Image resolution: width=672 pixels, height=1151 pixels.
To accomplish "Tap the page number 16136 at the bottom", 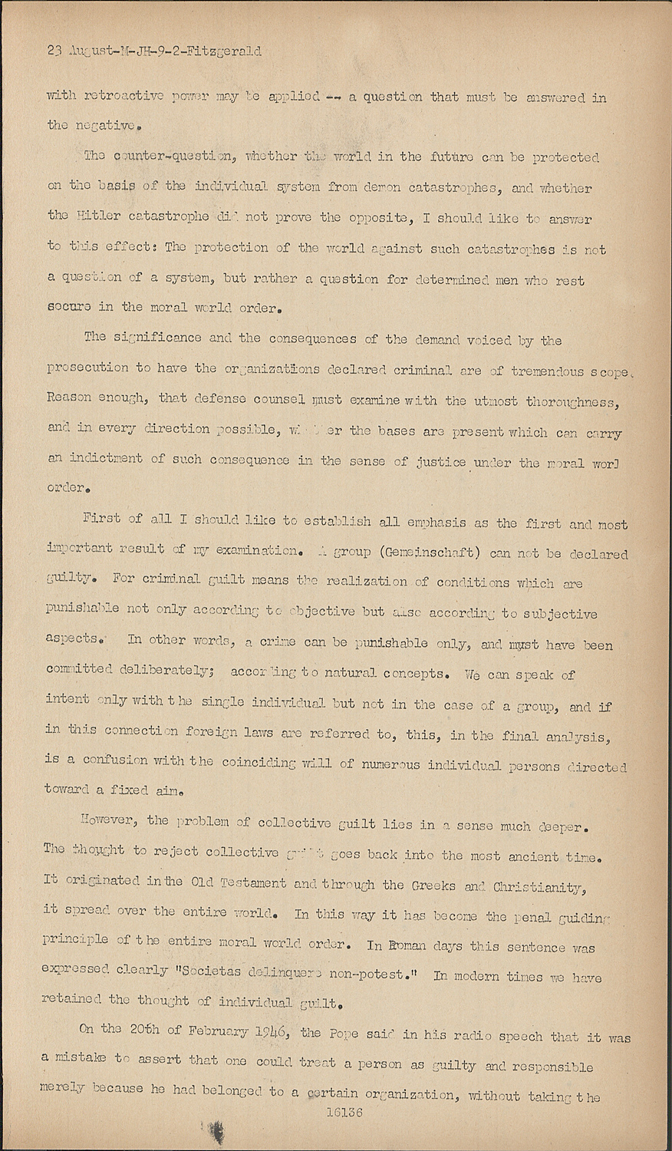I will (344, 1111).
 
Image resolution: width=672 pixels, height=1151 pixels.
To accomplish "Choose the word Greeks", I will (434, 885).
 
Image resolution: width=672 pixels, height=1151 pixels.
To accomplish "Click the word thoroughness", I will (573, 401).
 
